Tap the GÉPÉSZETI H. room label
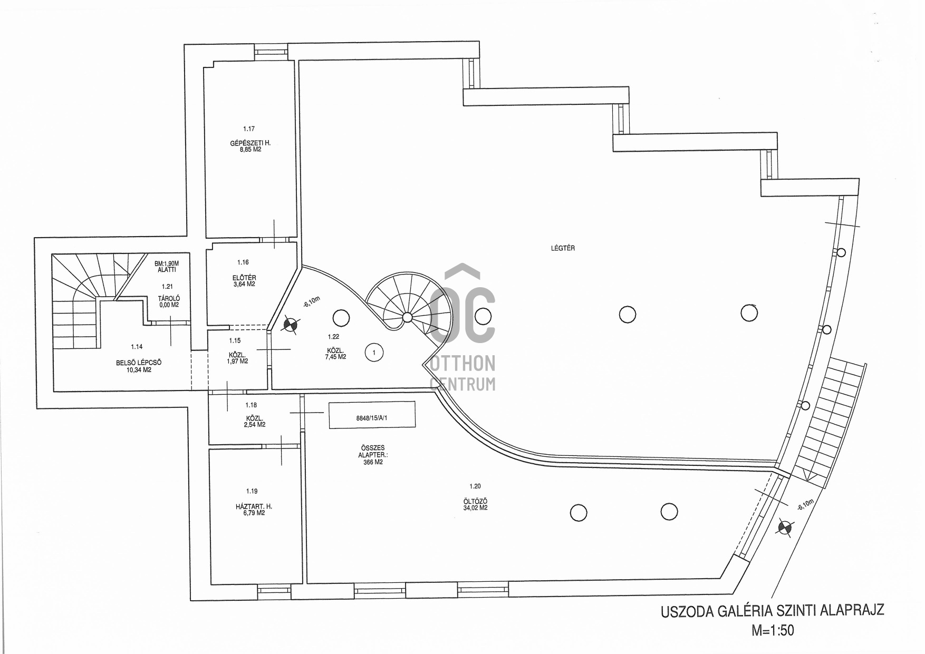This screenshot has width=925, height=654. point(250,143)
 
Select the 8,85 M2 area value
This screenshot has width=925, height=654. point(250,149)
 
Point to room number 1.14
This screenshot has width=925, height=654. point(137,347)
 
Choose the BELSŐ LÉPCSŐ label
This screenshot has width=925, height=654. point(139,363)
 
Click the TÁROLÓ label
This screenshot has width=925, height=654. point(168,299)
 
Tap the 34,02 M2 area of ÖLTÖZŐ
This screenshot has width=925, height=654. point(471,508)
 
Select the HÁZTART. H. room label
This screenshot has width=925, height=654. point(254,506)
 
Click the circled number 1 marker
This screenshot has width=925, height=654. point(374,352)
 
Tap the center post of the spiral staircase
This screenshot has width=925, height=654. point(407,317)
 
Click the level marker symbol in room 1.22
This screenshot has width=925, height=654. point(290,325)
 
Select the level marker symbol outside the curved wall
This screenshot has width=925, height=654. point(785,528)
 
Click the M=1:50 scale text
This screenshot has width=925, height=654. point(773,630)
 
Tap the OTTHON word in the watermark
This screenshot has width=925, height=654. point(463,363)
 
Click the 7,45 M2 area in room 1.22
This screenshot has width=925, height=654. point(335,357)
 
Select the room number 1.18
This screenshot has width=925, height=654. point(251,405)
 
